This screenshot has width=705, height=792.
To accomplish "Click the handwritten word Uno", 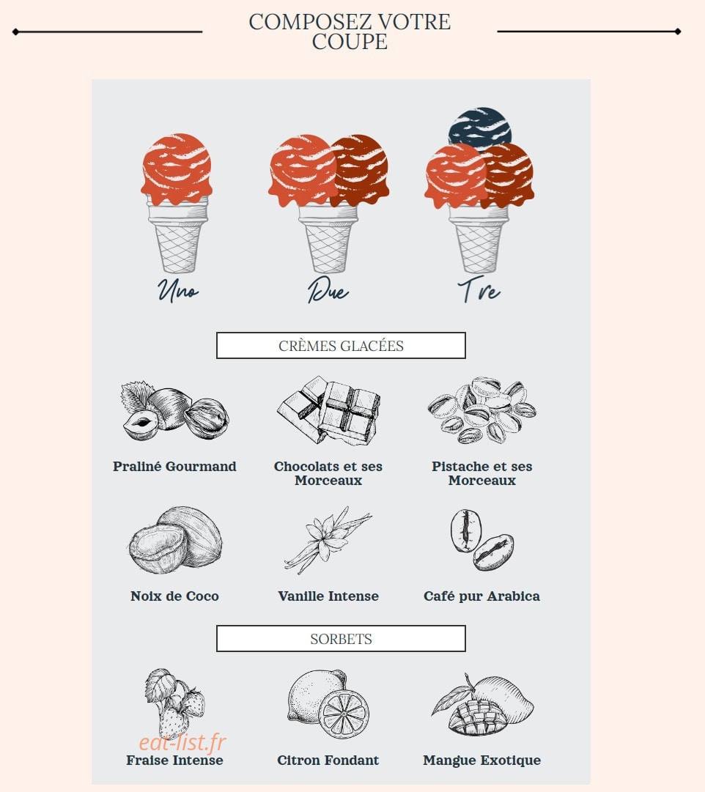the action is [x=177, y=290].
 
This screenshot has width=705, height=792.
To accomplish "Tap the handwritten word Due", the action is [x=328, y=290].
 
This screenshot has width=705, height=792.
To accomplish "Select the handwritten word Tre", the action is [x=479, y=289].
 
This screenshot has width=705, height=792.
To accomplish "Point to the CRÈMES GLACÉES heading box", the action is [x=341, y=346].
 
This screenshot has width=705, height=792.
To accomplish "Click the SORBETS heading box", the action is [x=341, y=638].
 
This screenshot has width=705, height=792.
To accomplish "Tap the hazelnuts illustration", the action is [x=175, y=410].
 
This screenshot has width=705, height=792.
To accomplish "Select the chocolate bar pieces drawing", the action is [x=328, y=410].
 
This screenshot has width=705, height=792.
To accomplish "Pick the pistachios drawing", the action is [x=481, y=410].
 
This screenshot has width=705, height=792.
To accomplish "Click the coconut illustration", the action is [x=175, y=540].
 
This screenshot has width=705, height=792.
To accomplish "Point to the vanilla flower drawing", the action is [x=328, y=540].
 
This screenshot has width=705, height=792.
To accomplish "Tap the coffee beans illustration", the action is [x=482, y=539].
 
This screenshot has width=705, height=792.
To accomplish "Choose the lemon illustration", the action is [x=328, y=703].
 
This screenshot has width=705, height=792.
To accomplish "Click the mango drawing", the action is [x=482, y=704].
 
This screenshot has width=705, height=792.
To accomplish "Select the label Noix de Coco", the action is [x=175, y=596].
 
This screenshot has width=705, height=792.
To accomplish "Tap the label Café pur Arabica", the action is [x=481, y=596].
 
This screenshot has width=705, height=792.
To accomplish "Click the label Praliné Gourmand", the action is [x=175, y=466].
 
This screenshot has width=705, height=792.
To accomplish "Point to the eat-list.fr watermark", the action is [x=182, y=742].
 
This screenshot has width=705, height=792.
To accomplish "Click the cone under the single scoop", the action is [x=178, y=235].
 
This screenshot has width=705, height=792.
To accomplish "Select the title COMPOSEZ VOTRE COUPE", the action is [x=350, y=32].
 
